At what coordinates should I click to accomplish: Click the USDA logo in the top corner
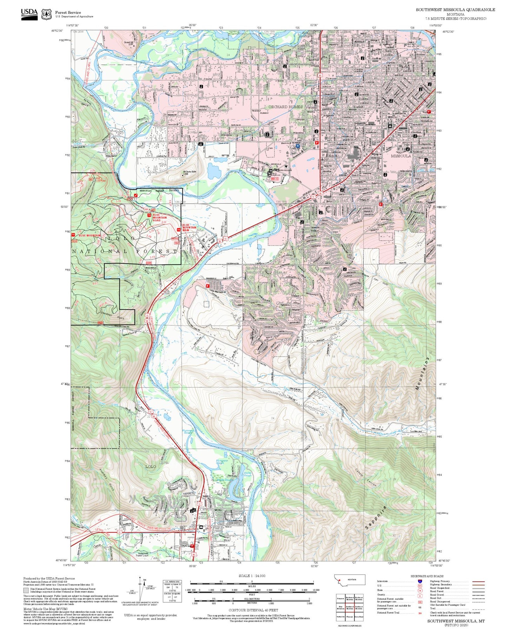point(29,14)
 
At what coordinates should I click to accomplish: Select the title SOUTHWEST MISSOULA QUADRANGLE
point(455,10)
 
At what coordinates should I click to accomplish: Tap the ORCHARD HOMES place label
point(285,107)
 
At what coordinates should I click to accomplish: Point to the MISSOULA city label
point(401,156)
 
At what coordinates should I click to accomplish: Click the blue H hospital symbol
point(298,146)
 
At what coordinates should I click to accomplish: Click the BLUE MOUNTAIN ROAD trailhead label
point(159,217)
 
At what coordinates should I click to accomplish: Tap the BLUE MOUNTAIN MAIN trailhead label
point(189,228)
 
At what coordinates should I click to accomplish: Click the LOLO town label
point(151,467)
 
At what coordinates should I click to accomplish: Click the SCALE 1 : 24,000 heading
point(252,576)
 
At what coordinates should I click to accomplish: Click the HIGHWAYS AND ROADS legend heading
point(427,576)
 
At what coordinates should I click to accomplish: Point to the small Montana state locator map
point(349,580)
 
